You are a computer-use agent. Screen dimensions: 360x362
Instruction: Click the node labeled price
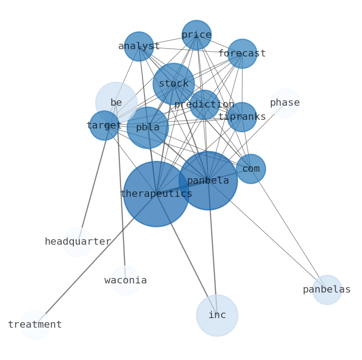[x=196, y=35]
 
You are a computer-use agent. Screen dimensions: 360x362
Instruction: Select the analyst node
[x=139, y=46]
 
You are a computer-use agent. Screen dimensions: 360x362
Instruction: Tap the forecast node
[x=242, y=54]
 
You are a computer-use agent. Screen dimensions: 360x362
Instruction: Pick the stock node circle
[x=173, y=84]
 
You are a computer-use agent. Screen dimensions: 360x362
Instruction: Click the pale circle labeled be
[x=116, y=103]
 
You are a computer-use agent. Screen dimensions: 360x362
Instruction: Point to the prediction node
[x=204, y=105]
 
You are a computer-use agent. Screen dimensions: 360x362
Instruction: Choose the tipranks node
[x=242, y=117]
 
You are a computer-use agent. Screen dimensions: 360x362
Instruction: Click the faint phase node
[x=284, y=103]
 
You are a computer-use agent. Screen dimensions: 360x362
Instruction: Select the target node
[x=104, y=125]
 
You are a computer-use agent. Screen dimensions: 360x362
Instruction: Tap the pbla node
[x=147, y=128]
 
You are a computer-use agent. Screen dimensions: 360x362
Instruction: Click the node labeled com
[x=251, y=169]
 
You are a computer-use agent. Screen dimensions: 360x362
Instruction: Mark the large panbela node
[x=208, y=181]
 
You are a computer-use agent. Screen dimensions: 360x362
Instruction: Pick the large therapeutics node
[x=156, y=194]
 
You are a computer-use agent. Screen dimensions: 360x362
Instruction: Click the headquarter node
[x=78, y=242]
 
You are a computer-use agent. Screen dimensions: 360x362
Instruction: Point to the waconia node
[x=125, y=281]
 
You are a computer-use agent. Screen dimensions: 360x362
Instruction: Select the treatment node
[x=35, y=325]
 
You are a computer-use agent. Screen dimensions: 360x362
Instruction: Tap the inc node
[x=217, y=315]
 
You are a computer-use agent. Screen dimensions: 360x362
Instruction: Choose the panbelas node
[x=327, y=290]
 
